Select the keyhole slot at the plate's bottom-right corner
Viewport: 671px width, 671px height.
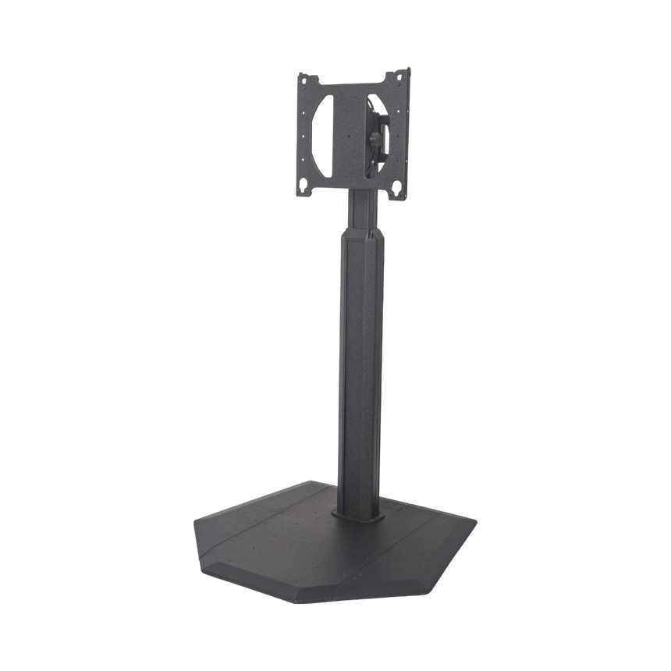click(x=399, y=186)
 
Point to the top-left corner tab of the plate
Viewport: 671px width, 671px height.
click(x=300, y=76)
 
